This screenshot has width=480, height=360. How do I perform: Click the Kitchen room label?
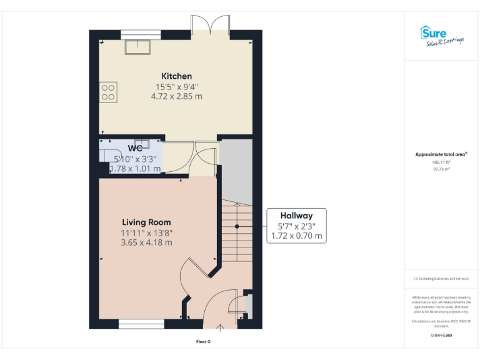pos(176,76)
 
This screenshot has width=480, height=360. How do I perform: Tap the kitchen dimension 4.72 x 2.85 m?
pos(176,97)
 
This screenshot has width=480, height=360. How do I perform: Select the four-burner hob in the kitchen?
pos(107,92)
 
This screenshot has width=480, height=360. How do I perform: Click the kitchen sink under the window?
pos(137,46)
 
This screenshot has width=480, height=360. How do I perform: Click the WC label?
pos(135,149)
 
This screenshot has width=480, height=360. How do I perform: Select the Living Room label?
pos(146,222)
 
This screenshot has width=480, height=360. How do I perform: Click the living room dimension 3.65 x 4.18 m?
pos(146,242)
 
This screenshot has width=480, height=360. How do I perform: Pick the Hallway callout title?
pos(296,216)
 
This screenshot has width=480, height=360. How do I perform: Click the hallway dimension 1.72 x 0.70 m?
pos(296,236)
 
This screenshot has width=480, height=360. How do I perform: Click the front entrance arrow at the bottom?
pos(220,327)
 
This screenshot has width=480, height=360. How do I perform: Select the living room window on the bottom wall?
pos(141,324)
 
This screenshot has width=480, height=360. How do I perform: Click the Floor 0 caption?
pos(204,342)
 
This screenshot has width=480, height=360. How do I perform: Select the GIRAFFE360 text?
pos(441,336)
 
